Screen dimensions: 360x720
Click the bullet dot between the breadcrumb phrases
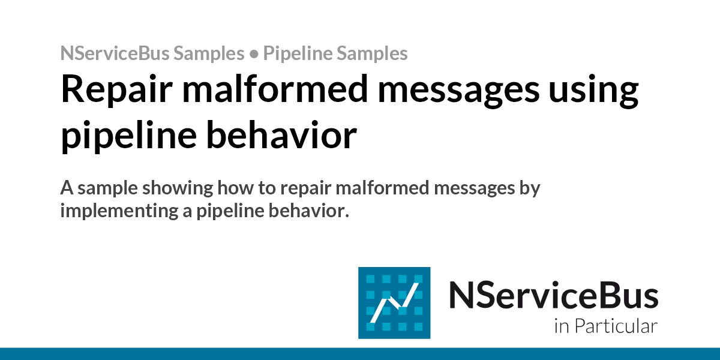254,55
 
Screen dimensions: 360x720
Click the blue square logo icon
394,302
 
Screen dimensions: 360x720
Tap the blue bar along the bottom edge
360,353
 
